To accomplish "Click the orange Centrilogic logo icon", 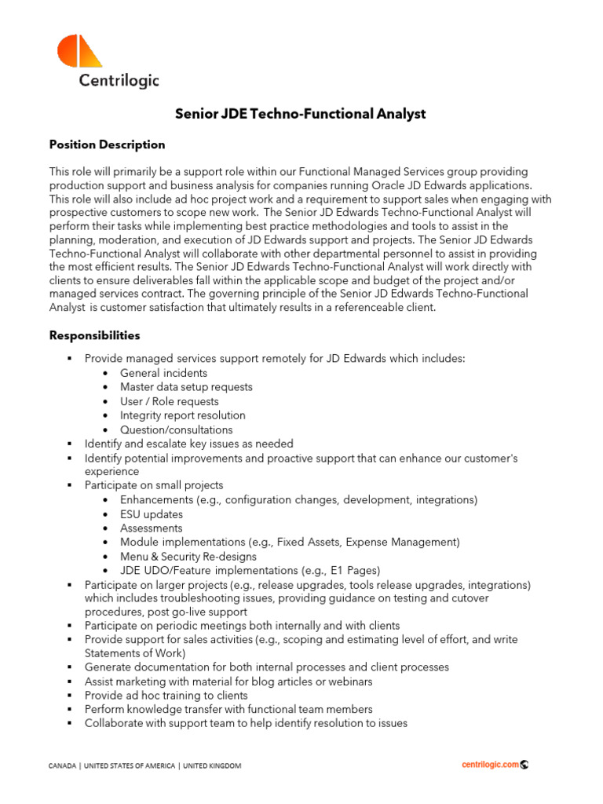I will click(79, 51).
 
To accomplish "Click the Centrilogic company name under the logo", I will click(119, 80).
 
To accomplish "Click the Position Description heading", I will click(107, 144).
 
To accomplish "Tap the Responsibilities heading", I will click(94, 335).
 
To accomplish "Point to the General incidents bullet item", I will click(163, 373).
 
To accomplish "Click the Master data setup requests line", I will click(186, 387).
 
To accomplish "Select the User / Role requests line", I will click(169, 401).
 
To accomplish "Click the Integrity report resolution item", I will click(182, 415).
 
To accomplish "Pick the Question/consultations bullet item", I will click(176, 429).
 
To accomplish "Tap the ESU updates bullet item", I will click(152, 514).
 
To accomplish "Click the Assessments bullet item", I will click(151, 528).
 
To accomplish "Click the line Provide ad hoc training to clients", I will click(166, 696).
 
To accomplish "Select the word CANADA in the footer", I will click(63, 766).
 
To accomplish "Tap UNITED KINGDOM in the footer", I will click(212, 766).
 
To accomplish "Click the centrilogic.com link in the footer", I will click(490, 765).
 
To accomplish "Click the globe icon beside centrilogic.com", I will click(524, 765).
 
